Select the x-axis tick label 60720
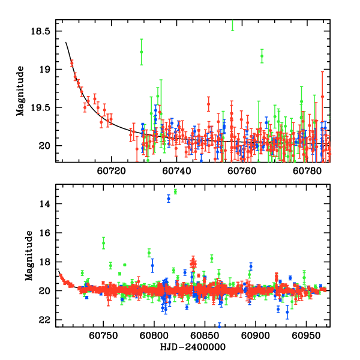click(x=112, y=171)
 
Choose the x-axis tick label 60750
click(x=103, y=334)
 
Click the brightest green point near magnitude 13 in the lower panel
click(x=175, y=191)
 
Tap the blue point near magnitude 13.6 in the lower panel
click(x=169, y=199)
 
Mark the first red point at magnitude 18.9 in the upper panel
click(x=71, y=62)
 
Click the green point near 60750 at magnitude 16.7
click(x=103, y=243)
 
